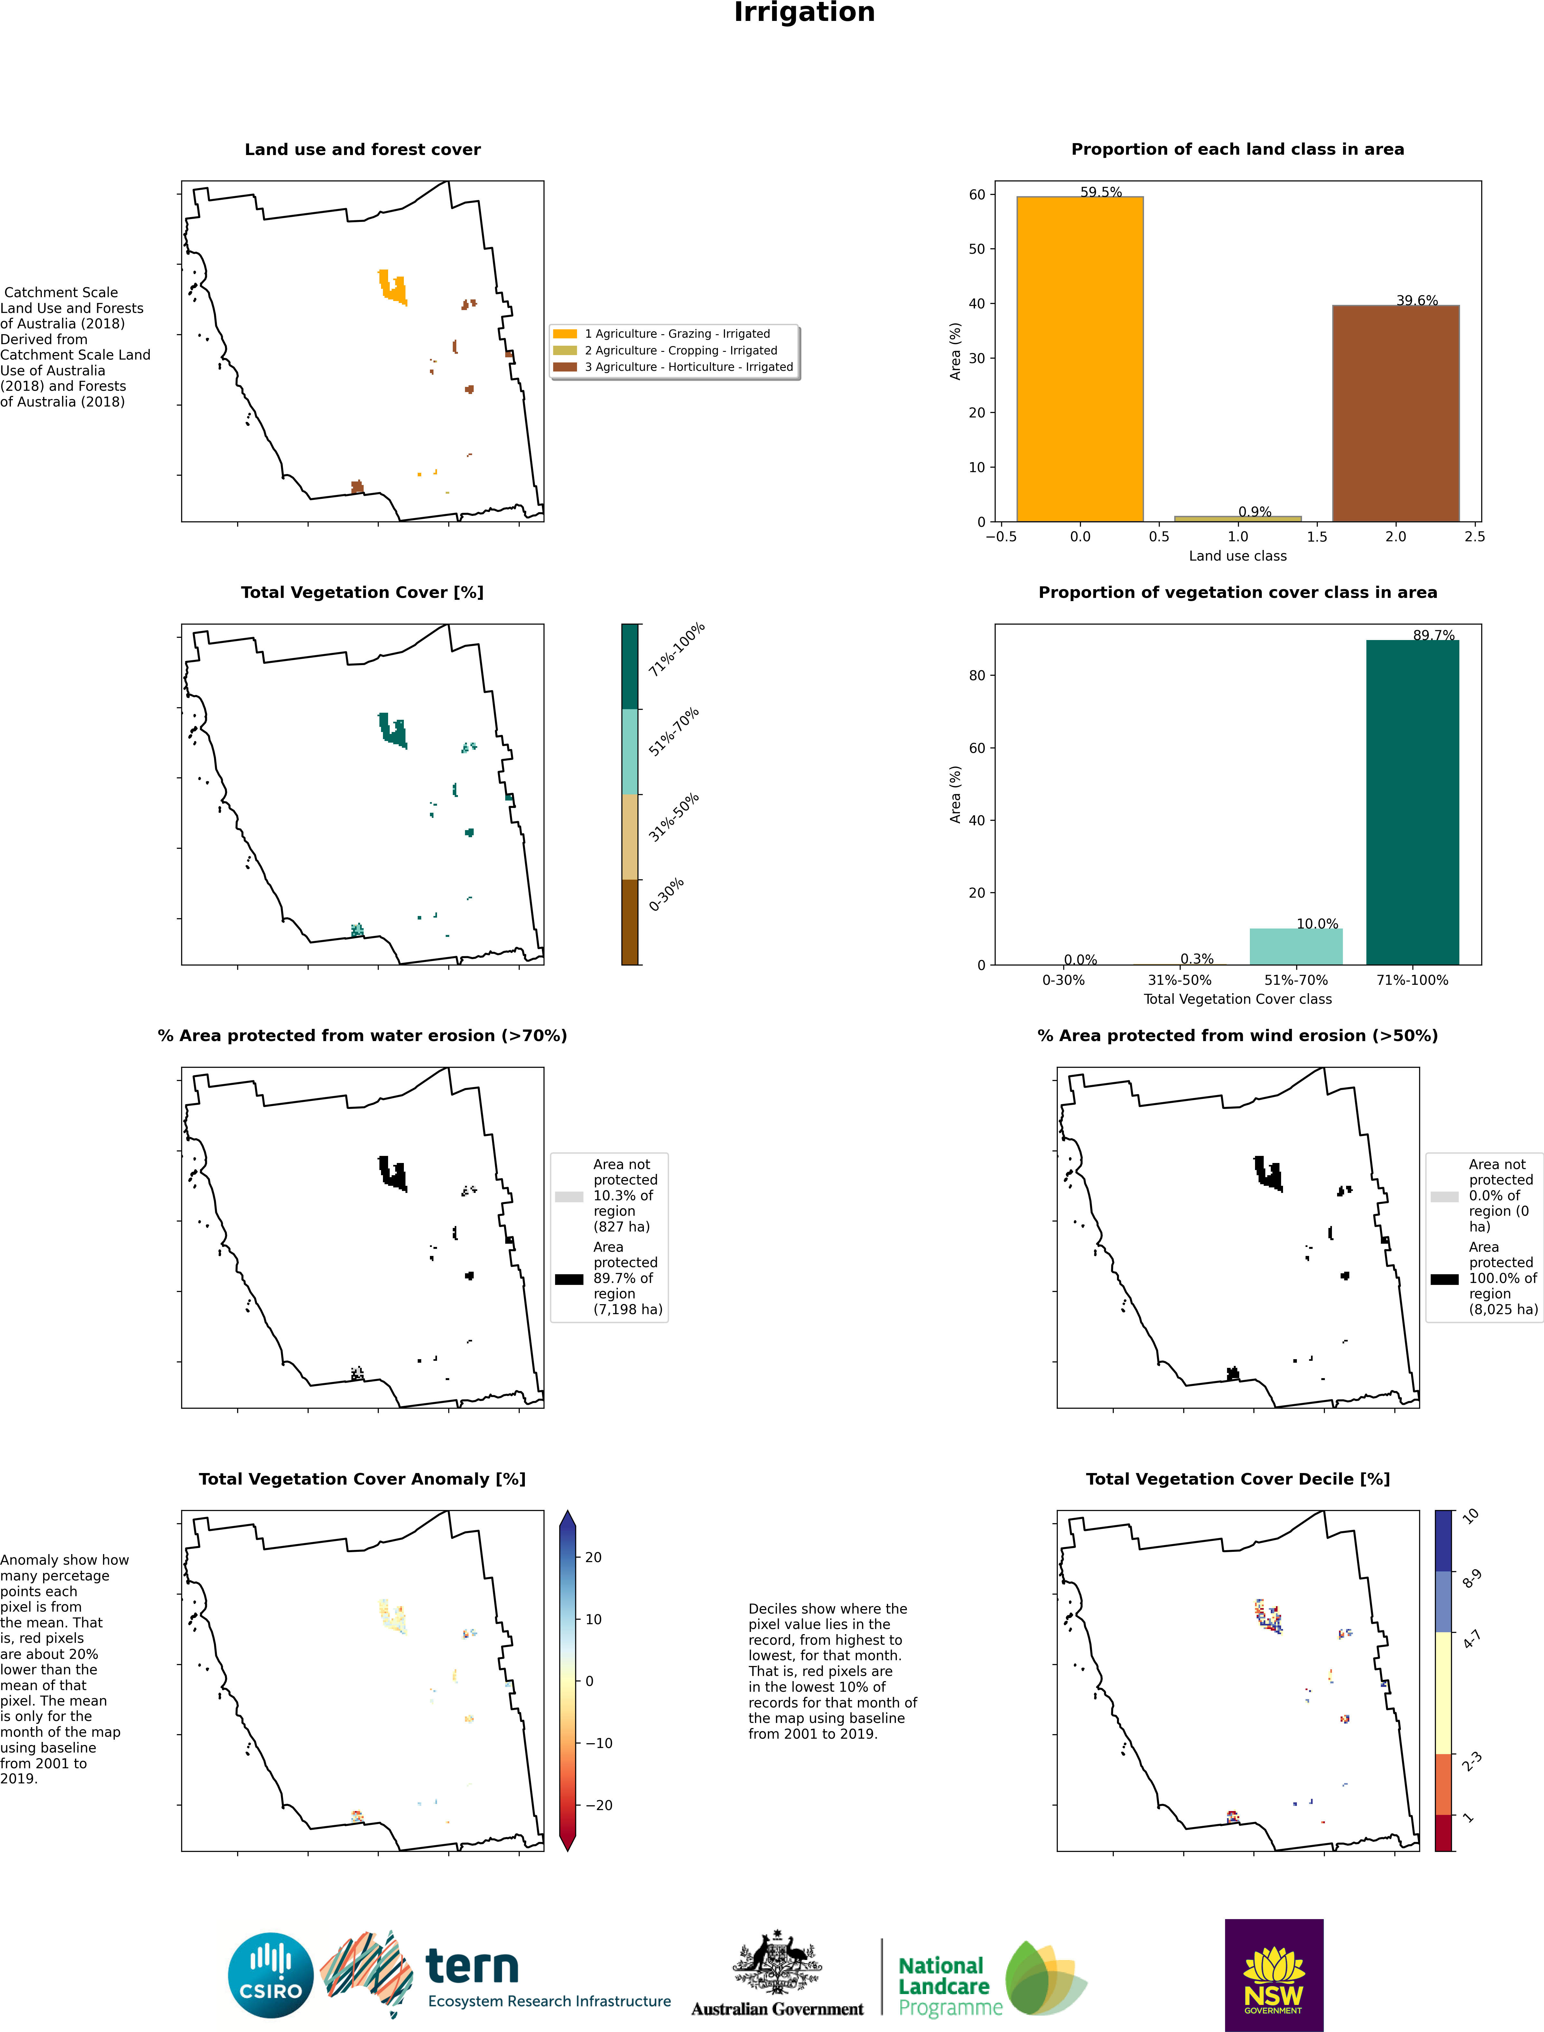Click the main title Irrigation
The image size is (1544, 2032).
(x=804, y=13)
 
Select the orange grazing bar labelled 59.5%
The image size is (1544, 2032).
(x=1080, y=358)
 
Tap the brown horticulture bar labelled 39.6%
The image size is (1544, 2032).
(x=1395, y=413)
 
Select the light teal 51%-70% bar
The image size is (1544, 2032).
(x=1296, y=946)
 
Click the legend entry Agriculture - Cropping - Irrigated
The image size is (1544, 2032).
(x=680, y=350)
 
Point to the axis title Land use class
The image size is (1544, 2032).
(x=1237, y=556)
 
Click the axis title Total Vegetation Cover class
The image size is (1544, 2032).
(x=1237, y=999)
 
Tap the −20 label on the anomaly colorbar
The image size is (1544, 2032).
(x=598, y=1805)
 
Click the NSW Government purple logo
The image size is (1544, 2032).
(x=1274, y=1975)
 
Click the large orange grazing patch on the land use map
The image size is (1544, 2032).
(x=393, y=287)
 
